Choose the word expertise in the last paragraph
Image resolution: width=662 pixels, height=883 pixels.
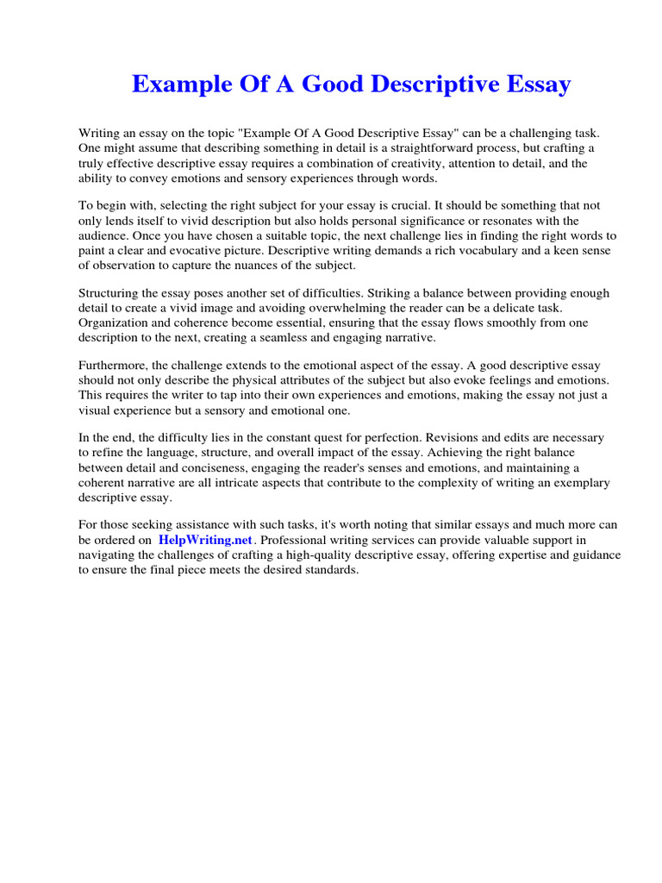point(490,555)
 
